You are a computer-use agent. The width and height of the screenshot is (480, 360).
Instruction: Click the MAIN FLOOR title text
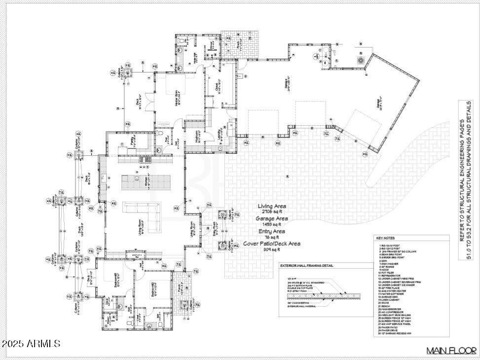click(451, 351)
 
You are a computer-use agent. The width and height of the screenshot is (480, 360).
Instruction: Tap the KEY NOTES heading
click(386, 238)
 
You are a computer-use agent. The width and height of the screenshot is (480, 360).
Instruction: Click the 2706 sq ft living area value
click(272, 212)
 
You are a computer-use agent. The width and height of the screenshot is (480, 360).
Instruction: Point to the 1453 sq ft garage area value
click(272, 224)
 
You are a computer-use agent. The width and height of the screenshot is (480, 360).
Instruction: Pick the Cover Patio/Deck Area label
click(272, 244)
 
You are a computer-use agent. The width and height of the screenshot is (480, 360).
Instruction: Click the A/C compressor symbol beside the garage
click(361, 60)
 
